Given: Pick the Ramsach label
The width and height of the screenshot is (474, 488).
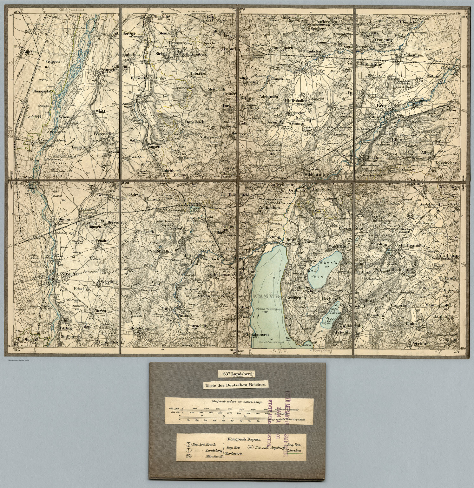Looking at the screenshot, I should click(145, 232).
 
